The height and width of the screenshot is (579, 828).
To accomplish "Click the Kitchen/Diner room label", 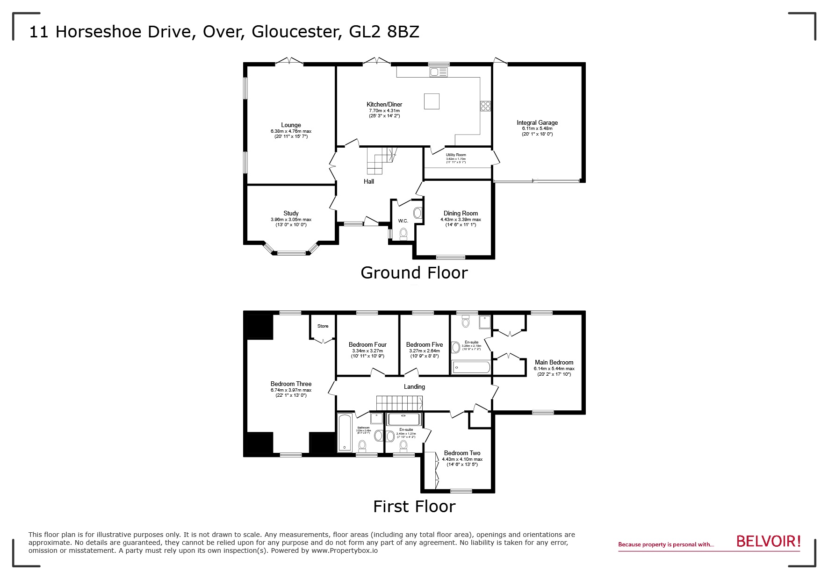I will tap(384, 104).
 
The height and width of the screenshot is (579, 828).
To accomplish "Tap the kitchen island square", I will tap(432, 101).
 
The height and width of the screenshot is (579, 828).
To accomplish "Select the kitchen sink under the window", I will tap(439, 71).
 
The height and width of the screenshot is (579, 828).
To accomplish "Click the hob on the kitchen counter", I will tap(485, 106).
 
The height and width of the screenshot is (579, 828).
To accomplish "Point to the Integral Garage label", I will tap(537, 123).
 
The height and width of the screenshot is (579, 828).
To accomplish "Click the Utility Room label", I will tap(455, 155).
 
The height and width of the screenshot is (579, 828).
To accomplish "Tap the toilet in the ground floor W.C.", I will tap(403, 233).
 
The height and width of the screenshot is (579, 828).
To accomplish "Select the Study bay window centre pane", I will tap(291, 253).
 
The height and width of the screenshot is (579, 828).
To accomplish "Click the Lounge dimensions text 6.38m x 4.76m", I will tap(291, 131).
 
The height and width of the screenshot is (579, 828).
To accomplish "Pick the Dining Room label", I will tap(461, 213).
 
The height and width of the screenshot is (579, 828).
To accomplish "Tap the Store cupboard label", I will tap(323, 326).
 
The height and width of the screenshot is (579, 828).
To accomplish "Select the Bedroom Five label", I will tap(424, 345).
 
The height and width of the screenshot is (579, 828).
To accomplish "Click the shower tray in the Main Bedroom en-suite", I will tap(485, 322).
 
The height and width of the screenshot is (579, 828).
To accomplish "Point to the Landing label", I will tap(414, 387).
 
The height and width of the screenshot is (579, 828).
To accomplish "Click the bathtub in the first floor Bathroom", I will tap(345, 432).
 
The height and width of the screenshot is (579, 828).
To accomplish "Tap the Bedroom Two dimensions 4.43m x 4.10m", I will tap(462, 459).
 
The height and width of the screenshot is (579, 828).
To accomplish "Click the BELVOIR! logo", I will tap(768, 542).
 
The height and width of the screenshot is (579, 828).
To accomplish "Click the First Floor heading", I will tap(414, 507).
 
